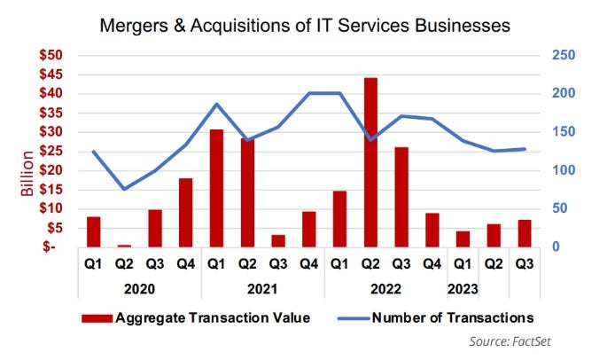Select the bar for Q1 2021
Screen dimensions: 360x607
point(216,188)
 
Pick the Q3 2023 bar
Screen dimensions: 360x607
point(525,233)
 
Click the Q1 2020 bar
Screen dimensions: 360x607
point(93,231)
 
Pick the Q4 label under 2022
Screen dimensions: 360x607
point(432,264)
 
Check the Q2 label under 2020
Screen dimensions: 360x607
point(124,264)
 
